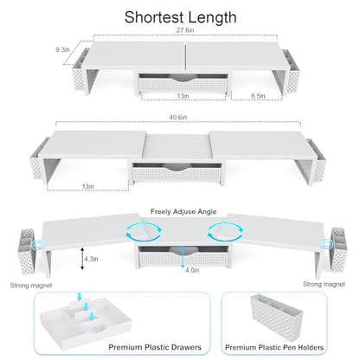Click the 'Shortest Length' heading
(x=181, y=17)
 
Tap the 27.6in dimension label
(x=185, y=29)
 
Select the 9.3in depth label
(x=62, y=50)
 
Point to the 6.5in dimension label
(x=258, y=96)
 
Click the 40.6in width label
(x=178, y=117)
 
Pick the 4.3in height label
(x=91, y=259)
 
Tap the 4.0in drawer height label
(x=192, y=270)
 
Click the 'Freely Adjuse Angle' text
(x=183, y=212)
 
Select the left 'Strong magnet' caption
(x=31, y=286)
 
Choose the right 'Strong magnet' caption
(x=324, y=284)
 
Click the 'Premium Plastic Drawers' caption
(x=155, y=347)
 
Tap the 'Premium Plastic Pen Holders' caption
(x=274, y=348)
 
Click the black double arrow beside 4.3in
(x=82, y=259)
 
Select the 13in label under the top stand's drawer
(x=183, y=96)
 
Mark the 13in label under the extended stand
(x=87, y=186)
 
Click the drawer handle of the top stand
(x=183, y=78)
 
